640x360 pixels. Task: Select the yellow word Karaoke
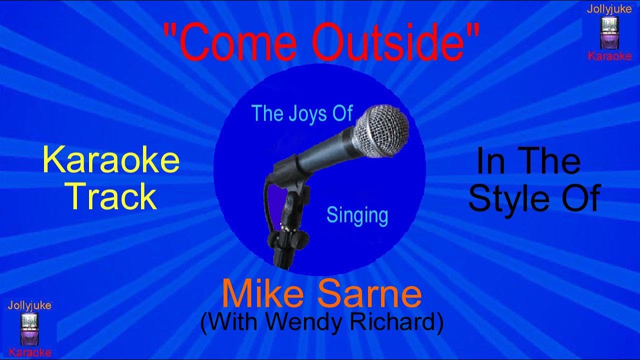pyautogui.click(x=111, y=161)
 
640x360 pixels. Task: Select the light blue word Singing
pyautogui.click(x=357, y=215)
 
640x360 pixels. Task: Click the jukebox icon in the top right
pyautogui.click(x=609, y=32)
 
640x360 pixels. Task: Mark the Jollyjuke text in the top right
pyautogui.click(x=609, y=8)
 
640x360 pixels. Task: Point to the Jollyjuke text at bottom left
pyautogui.click(x=29, y=305)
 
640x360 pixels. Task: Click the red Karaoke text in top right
pyautogui.click(x=609, y=56)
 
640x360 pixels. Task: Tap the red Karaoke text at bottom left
pyautogui.click(x=30, y=352)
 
